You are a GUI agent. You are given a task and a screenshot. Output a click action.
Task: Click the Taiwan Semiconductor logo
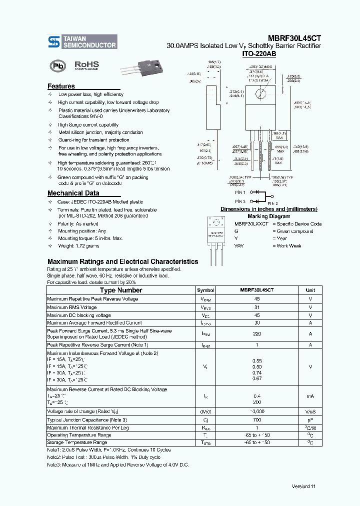coord(82,42)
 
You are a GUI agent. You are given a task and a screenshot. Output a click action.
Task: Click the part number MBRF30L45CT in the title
coord(294,37)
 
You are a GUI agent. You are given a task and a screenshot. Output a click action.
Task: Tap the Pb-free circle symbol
coord(57,66)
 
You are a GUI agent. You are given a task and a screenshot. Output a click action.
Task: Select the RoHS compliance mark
coord(86,65)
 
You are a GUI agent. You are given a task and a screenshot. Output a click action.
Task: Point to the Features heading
coord(61,86)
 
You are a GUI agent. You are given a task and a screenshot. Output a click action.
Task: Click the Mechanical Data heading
coord(73,193)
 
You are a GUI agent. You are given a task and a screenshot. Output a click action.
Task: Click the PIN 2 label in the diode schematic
coord(272,203)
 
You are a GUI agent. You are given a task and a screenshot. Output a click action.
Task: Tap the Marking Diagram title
coord(268,216)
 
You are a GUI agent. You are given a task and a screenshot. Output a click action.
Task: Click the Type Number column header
coord(121,290)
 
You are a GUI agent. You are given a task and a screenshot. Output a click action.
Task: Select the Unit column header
coord(310,290)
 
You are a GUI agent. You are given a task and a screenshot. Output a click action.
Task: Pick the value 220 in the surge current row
coord(256,333)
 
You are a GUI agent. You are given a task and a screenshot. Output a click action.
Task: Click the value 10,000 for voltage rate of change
coord(256,411)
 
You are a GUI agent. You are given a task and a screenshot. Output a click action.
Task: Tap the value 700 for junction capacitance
coord(256,420)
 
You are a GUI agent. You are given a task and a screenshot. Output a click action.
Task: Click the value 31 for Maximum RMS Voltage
coord(256,307)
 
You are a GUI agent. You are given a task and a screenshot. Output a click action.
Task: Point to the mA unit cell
coord(310,396)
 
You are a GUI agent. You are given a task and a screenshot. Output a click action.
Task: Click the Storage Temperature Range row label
coord(77,442)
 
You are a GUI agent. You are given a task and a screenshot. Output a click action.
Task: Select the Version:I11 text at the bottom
coord(303,486)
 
